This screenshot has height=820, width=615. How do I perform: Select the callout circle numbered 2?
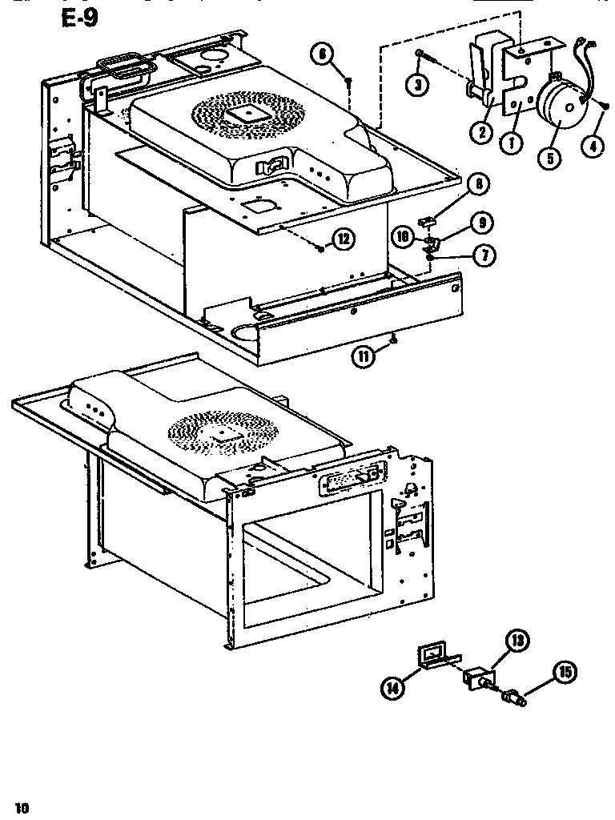tap(480, 132)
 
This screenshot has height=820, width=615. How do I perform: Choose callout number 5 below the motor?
tap(549, 157)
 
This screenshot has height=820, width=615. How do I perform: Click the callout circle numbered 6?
tap(322, 54)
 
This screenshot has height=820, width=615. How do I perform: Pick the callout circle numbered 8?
tap(479, 185)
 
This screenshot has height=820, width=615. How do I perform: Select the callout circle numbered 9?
tap(481, 222)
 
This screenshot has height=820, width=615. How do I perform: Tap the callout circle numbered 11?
tap(363, 356)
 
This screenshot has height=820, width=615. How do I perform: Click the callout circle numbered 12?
tap(344, 239)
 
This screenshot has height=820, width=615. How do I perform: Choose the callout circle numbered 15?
tap(566, 673)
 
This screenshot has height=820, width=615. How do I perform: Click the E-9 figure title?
tap(79, 18)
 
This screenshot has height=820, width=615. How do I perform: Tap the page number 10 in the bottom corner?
tap(22, 808)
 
